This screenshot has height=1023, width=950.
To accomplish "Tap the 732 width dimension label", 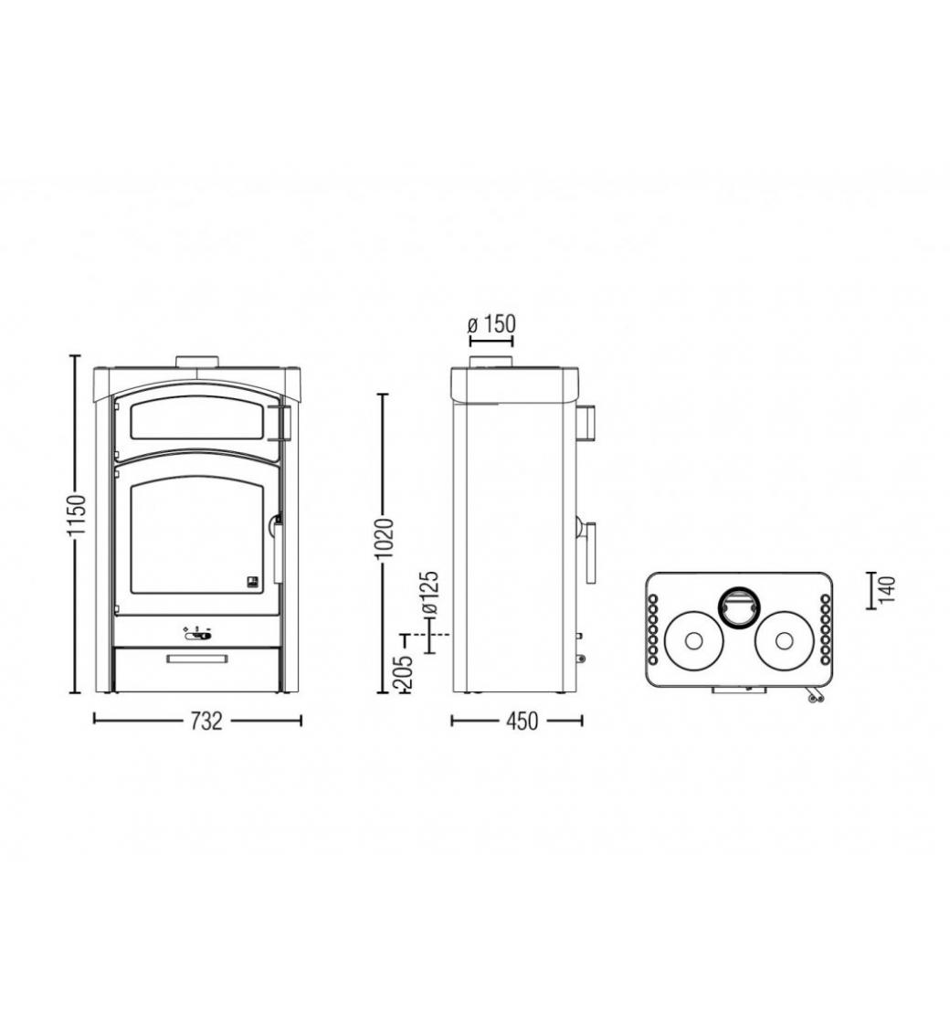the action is click(206, 721).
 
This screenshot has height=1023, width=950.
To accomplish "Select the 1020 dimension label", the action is click(384, 539).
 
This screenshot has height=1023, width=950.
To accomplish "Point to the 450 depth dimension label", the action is click(522, 721).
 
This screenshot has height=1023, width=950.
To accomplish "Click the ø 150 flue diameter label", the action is click(491, 324).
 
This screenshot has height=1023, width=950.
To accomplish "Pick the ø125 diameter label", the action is click(431, 593).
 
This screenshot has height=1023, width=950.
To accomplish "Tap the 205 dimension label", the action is click(404, 672).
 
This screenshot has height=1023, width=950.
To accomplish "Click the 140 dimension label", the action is click(888, 590).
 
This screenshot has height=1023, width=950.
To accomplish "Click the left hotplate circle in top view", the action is click(693, 640).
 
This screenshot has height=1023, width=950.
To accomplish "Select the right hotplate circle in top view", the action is click(784, 640).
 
